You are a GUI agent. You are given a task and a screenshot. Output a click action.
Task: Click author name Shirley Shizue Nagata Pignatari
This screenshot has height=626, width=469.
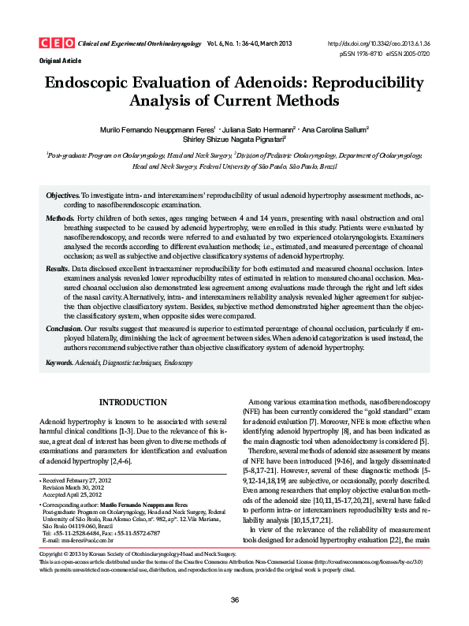[x=235, y=140]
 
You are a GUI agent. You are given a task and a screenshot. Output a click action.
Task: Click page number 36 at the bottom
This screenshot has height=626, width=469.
[x=234, y=601]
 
